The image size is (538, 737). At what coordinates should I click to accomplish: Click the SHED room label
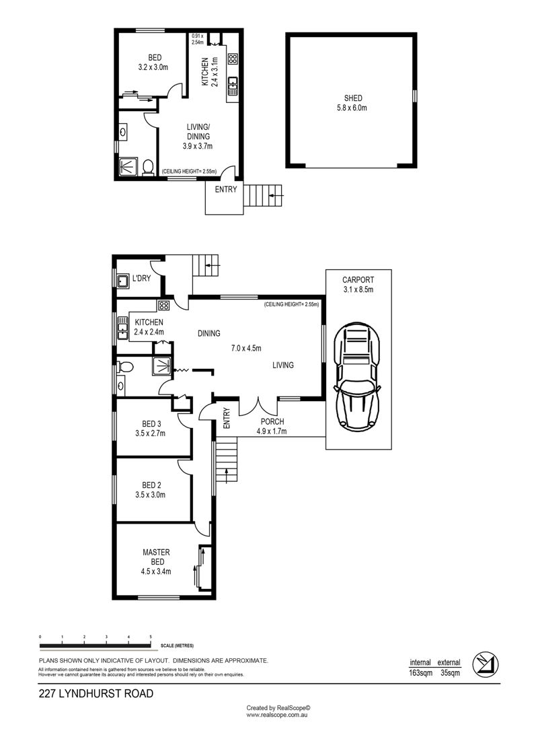pyautogui.click(x=353, y=98)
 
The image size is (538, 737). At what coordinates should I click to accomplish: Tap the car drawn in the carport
pyautogui.click(x=357, y=375)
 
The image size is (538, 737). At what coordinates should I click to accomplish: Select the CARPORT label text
pyautogui.click(x=358, y=280)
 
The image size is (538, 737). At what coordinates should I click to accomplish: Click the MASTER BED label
pyautogui.click(x=156, y=557)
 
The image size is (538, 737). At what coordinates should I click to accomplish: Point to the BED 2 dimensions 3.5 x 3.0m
pyautogui.click(x=150, y=495)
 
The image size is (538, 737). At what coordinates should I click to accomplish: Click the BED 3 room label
pyautogui.click(x=151, y=424)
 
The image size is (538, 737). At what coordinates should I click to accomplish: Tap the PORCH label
pyautogui.click(x=272, y=421)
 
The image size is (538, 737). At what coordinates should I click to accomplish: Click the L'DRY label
pyautogui.click(x=141, y=278)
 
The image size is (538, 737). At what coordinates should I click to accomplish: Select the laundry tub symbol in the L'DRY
pyautogui.click(x=123, y=281)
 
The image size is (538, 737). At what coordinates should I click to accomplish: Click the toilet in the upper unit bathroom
pyautogui.click(x=148, y=168)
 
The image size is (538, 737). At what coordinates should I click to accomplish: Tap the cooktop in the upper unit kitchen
pyautogui.click(x=233, y=59)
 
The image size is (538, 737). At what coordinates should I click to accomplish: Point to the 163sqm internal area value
pyautogui.click(x=420, y=672)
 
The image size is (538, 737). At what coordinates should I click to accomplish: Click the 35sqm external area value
pyautogui.click(x=450, y=672)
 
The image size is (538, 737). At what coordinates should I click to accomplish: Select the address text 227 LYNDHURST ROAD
pyautogui.click(x=96, y=693)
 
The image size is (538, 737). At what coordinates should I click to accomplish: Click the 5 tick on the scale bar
pyautogui.click(x=151, y=637)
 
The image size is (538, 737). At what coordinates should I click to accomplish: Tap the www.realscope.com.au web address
pyautogui.click(x=277, y=715)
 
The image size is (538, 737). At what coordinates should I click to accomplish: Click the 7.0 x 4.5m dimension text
pyautogui.click(x=246, y=348)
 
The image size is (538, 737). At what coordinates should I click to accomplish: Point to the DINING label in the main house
pyautogui.click(x=209, y=333)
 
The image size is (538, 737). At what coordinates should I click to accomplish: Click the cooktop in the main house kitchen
pyautogui.click(x=163, y=306)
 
